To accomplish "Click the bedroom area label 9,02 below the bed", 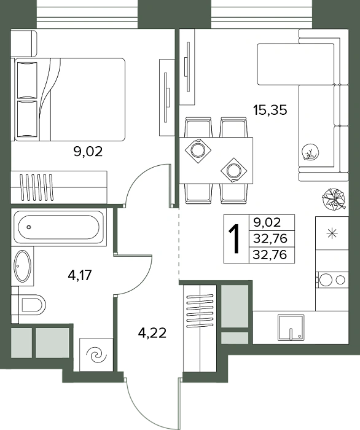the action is (88, 152).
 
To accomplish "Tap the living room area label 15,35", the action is (270, 110).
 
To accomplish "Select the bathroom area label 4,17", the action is (79, 275).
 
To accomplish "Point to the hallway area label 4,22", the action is (152, 333).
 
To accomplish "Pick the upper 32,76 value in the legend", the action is (270, 238).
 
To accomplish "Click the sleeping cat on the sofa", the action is (310, 152).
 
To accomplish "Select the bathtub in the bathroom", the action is (58, 227).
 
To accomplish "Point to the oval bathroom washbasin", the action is (23, 266).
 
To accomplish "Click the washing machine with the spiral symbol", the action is (96, 355).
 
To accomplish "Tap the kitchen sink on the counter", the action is (291, 327).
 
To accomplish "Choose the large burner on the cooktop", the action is (326, 279).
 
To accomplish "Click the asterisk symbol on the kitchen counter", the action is (332, 233).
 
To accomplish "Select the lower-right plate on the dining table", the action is (234, 170).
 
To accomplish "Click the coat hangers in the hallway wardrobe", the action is (200, 311).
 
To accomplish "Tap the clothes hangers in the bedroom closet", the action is (36, 187).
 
